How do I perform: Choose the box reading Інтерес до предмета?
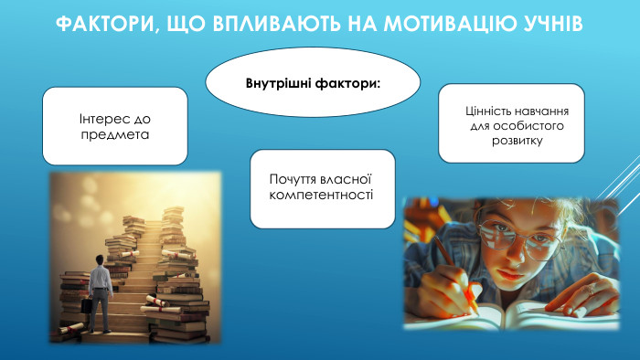click(x=114, y=126)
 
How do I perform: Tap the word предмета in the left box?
click(x=114, y=134)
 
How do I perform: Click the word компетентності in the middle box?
click(x=322, y=196)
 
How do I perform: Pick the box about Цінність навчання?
click(x=512, y=124)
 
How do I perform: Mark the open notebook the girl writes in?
click(x=512, y=314)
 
